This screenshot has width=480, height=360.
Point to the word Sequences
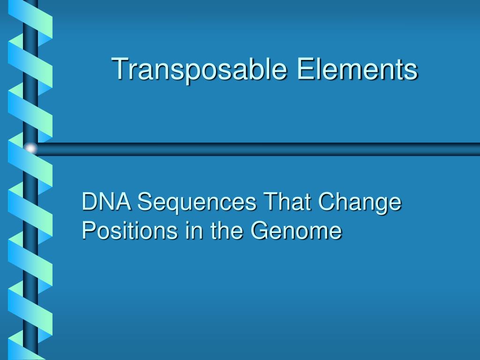(x=197, y=204)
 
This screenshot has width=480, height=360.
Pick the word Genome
(x=295, y=231)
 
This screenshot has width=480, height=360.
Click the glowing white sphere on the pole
(x=30, y=149)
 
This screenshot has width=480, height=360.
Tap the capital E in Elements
(x=304, y=69)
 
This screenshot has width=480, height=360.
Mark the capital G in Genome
(x=259, y=231)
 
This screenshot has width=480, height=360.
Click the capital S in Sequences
(x=145, y=203)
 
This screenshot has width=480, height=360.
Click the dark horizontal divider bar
(x=258, y=149)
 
